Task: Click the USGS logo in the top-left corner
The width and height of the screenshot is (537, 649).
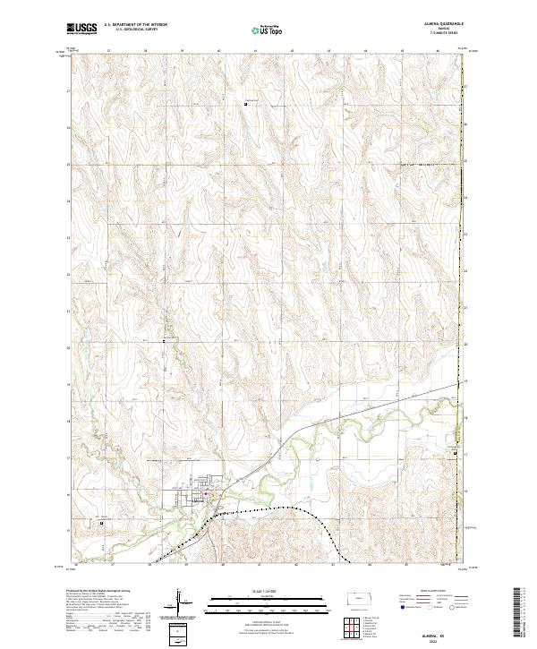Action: (x=81, y=30)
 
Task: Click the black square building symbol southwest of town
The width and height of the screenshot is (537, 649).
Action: (x=102, y=524)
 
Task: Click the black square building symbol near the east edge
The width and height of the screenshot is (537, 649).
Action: (x=456, y=454)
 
